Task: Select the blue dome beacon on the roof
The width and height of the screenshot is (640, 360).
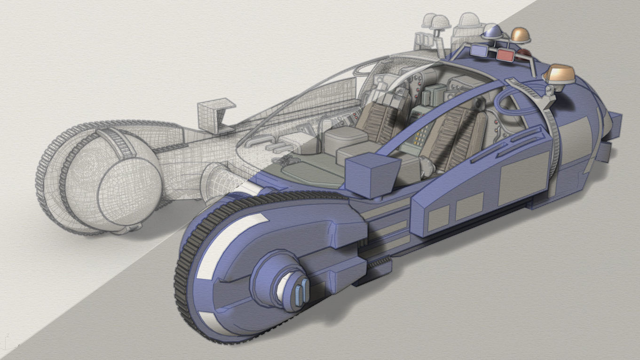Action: tap(493, 32)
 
